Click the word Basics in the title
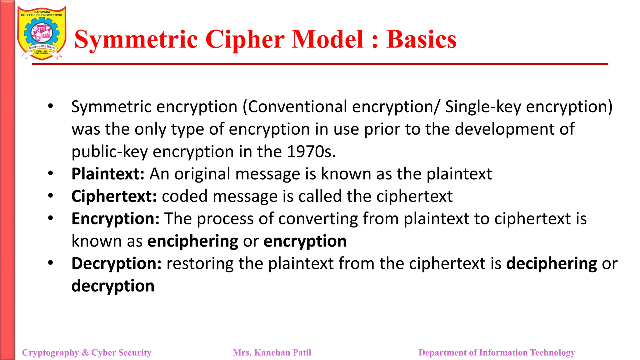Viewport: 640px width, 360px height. point(421,40)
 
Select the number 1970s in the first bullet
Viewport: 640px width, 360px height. point(311,152)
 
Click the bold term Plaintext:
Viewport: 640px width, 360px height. point(108,174)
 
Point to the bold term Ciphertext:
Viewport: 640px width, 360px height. point(114,197)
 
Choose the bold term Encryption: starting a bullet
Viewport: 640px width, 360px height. point(115,219)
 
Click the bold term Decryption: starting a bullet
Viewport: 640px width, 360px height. point(116,264)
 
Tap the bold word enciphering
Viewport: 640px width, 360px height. point(192,242)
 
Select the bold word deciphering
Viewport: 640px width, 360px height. point(552,264)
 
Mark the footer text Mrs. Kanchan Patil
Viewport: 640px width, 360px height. point(272,352)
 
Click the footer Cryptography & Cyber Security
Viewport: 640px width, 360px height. point(87,352)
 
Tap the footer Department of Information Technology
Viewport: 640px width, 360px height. point(497,352)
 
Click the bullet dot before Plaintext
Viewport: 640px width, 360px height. point(51,173)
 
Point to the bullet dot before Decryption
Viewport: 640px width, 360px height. point(51,263)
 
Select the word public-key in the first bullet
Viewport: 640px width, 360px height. point(110,152)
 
